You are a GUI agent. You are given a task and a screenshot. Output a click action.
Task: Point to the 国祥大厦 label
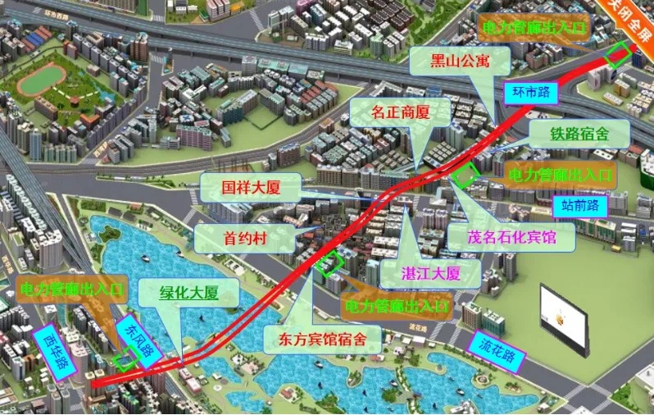[252, 188]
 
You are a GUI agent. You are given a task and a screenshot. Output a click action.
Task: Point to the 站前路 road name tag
[580, 204]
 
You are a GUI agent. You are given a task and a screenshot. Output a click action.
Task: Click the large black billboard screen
[564, 319]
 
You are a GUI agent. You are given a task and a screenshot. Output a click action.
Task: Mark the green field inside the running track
[42, 79]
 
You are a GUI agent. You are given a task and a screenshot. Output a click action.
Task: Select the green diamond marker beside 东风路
[125, 358]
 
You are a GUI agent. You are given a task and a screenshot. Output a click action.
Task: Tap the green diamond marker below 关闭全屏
[618, 54]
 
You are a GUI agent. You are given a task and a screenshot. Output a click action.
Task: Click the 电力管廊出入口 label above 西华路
[71, 288]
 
